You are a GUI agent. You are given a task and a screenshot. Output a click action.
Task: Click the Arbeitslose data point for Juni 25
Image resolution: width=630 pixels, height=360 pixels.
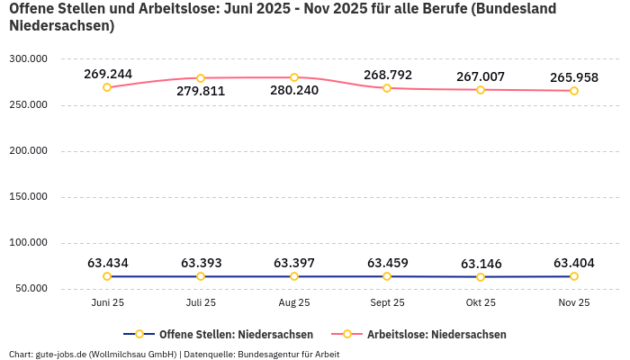(x=107, y=87)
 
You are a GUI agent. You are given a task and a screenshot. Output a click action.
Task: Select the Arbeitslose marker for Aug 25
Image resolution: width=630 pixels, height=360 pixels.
(x=294, y=77)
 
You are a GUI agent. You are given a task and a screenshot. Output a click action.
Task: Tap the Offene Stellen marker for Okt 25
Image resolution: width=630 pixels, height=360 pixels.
(x=481, y=277)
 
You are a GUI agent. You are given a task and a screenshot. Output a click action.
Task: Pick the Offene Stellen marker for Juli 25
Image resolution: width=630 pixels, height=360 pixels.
(x=201, y=276)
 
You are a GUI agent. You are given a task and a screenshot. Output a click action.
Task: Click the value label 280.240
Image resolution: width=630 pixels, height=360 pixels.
(x=293, y=90)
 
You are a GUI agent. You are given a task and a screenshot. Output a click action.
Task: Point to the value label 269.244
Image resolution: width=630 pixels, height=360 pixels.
(x=108, y=74)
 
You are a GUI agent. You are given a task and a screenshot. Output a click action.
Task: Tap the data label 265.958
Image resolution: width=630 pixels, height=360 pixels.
(x=574, y=77)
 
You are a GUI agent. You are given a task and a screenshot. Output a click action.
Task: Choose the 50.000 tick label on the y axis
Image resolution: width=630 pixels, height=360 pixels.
(x=30, y=289)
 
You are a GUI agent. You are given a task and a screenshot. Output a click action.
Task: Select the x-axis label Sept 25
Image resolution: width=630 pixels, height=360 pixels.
(x=387, y=303)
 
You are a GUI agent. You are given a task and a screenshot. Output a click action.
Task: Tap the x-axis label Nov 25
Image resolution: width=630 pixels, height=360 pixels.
(x=574, y=303)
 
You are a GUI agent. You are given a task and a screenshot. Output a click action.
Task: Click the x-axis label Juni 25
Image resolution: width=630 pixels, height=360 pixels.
(x=107, y=303)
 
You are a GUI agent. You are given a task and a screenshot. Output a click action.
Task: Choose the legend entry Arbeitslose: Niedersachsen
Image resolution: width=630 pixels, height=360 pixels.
(x=436, y=334)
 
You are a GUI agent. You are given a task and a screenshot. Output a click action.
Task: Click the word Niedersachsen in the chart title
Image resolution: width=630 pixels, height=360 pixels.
(x=61, y=25)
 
